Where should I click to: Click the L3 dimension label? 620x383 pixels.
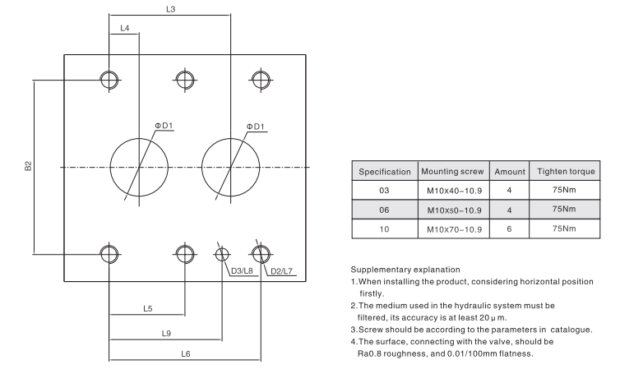(x=170, y=9)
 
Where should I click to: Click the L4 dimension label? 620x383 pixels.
(x=124, y=29)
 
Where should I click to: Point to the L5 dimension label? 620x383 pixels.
(x=147, y=309)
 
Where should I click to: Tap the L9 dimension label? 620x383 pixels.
(x=165, y=334)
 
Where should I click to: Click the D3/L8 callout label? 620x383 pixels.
(x=242, y=270)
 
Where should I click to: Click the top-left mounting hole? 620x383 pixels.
(x=109, y=80)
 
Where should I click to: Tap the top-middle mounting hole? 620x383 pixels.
(x=185, y=80)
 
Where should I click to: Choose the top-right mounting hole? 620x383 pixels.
(x=261, y=80)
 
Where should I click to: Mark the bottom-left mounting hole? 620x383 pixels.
(x=109, y=252)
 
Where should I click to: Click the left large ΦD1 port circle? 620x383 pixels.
(x=139, y=167)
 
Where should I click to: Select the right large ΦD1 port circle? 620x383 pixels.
(x=231, y=167)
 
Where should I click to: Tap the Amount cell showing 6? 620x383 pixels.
(x=509, y=228)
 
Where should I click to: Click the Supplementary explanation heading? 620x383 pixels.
(x=404, y=270)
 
